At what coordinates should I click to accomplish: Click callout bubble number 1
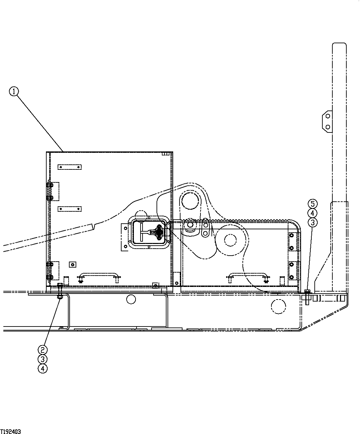point(14,91)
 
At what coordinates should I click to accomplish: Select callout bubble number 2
point(42,350)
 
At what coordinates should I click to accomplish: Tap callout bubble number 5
point(312,203)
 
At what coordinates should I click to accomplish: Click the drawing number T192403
point(11,431)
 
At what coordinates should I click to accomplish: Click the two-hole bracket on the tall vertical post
point(327,121)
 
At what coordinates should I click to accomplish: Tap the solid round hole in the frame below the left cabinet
point(131,299)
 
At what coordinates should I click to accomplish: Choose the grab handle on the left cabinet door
point(99,276)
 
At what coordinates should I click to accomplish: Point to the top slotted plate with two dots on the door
point(70,167)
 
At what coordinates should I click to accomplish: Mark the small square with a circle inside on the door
point(72,264)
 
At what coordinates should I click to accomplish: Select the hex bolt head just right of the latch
point(190,225)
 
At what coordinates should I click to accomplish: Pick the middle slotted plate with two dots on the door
point(70,209)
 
